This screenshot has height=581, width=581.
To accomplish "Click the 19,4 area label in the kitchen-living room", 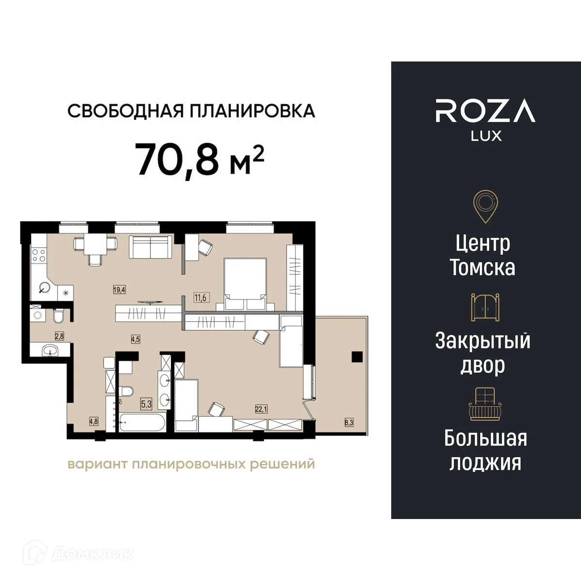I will [119, 290].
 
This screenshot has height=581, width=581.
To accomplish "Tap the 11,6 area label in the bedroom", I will [200, 298].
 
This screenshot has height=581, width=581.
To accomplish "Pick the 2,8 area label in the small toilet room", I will [59, 335].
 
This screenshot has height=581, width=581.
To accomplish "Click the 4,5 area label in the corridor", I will [135, 339].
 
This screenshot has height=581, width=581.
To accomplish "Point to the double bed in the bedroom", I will [245, 284].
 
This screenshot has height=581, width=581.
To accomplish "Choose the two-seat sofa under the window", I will [150, 247].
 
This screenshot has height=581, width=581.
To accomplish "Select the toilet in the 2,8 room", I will [58, 317].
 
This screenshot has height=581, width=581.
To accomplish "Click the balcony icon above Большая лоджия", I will [485, 404].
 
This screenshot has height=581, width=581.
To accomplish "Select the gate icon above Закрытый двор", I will [485, 307].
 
